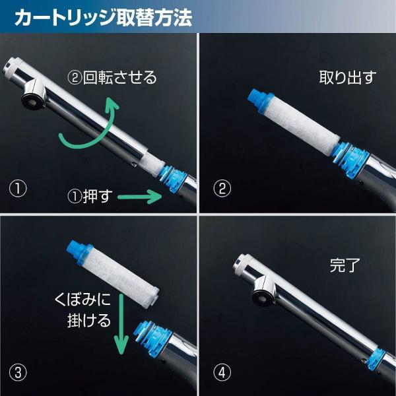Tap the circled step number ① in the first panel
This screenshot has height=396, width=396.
18,189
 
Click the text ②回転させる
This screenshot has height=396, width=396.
113,78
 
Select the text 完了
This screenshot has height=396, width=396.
344,267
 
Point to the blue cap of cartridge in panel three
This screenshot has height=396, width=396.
78,250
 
